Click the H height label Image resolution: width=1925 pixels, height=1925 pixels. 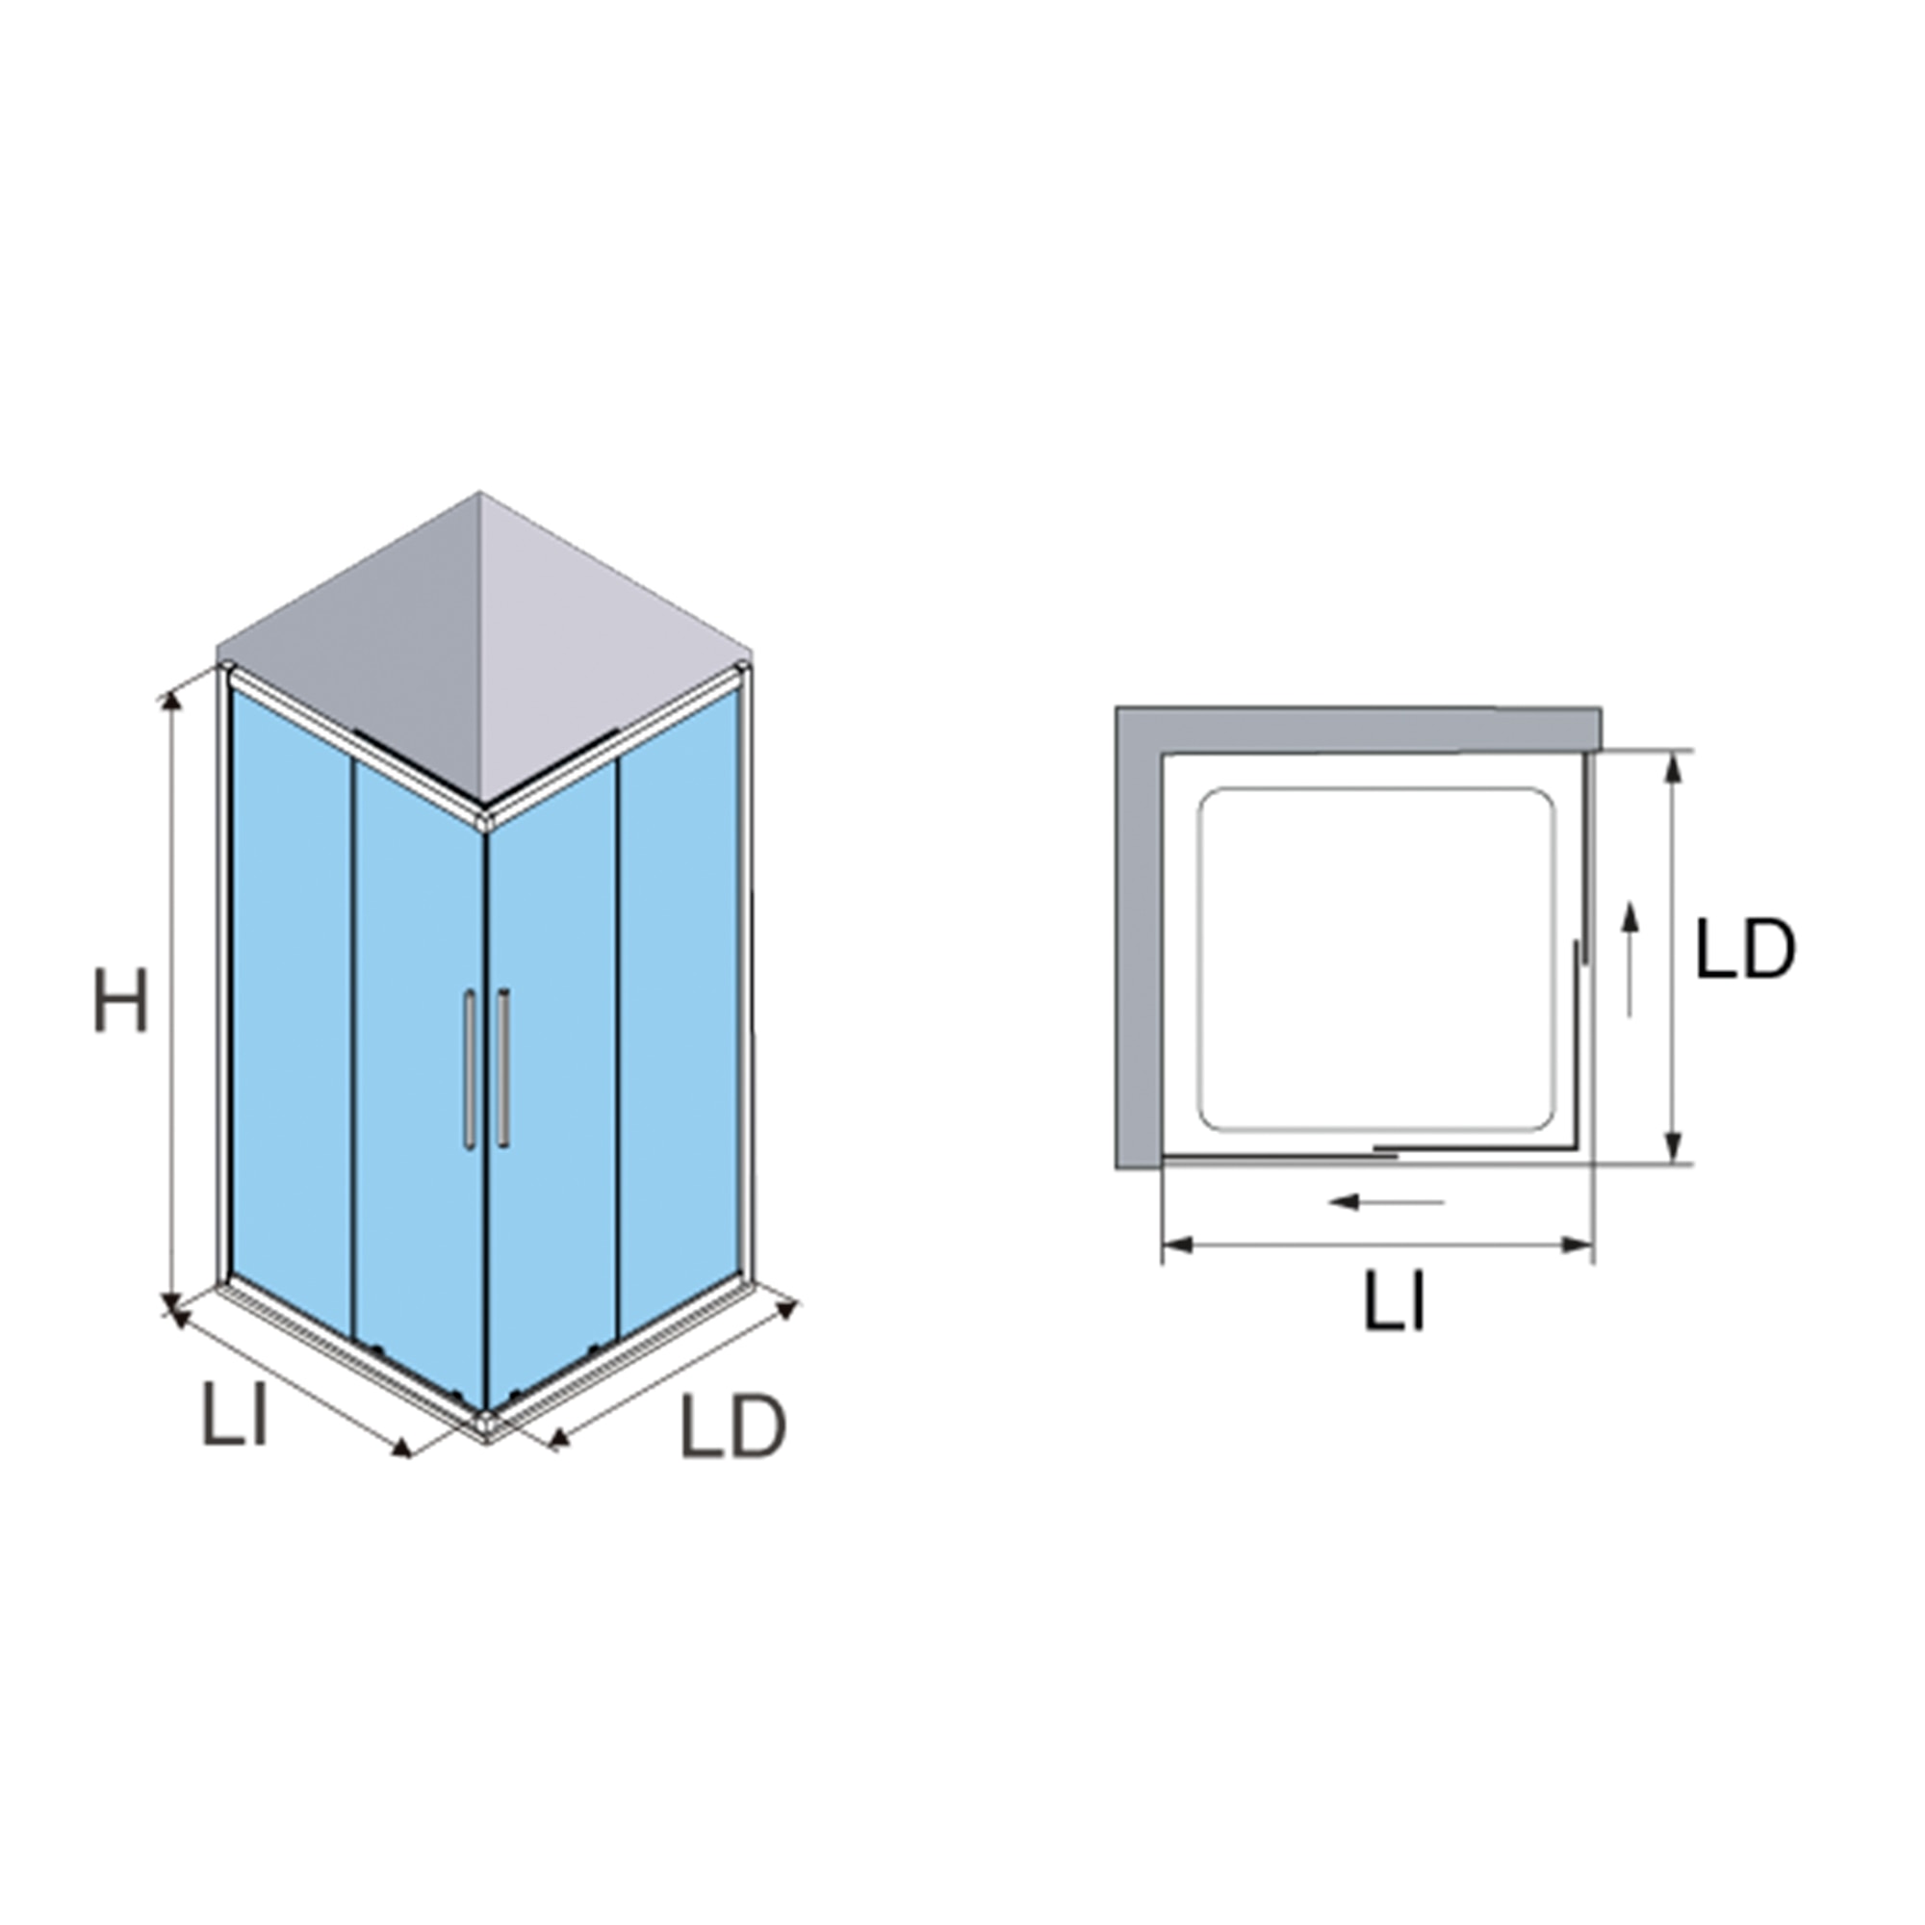coord(120,999)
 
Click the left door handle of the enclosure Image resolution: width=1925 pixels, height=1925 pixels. coord(469,1070)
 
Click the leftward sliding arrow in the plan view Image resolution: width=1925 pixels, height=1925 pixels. coord(1386,1202)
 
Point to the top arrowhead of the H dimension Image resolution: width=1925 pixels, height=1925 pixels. coord(172,700)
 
